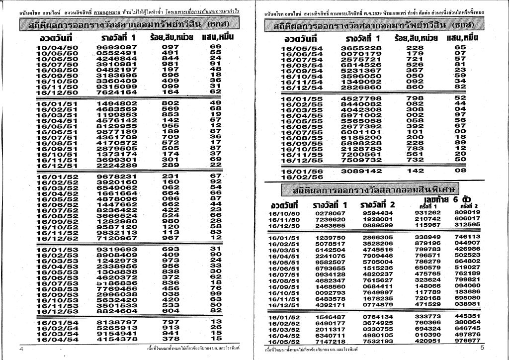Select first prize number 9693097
(x=117, y=47)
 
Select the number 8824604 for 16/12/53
(x=117, y=311)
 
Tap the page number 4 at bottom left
(x=21, y=349)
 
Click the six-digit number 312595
(x=467, y=225)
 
